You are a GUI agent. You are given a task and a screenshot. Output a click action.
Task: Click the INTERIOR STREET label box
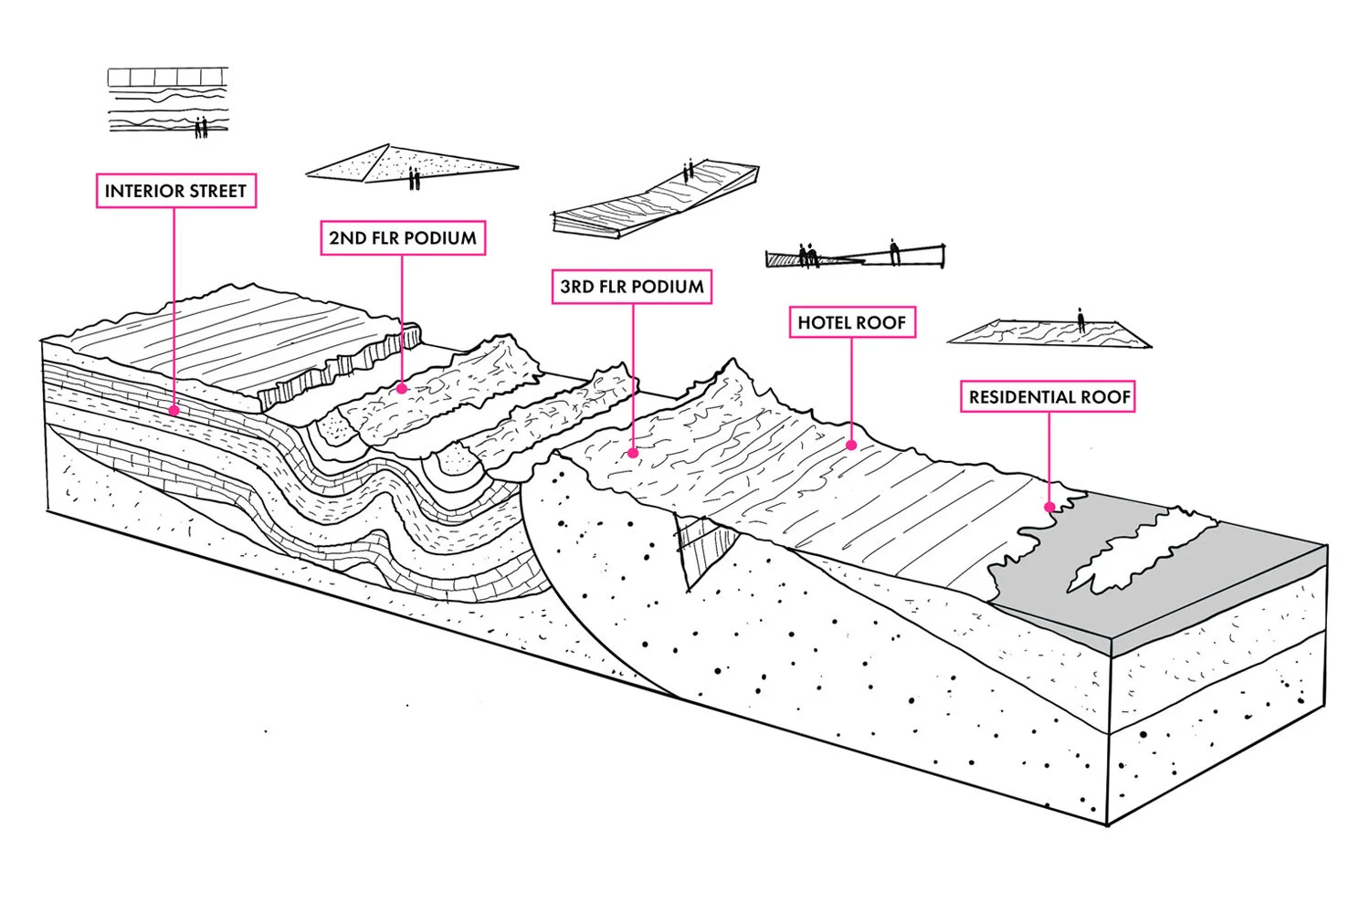(x=175, y=192)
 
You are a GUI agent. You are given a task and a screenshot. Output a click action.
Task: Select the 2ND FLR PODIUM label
(x=403, y=238)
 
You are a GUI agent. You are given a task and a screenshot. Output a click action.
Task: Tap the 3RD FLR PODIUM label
(x=632, y=287)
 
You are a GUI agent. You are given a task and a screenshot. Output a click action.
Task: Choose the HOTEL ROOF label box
(x=851, y=322)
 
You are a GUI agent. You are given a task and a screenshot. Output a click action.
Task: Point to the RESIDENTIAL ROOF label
(x=1049, y=397)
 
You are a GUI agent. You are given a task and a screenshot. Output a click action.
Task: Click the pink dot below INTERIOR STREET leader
(x=174, y=411)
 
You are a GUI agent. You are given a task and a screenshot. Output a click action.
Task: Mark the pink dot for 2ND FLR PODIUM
(x=402, y=389)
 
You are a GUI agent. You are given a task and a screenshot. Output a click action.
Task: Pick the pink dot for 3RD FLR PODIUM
(x=633, y=452)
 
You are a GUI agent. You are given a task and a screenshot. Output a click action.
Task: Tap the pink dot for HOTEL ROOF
(x=851, y=446)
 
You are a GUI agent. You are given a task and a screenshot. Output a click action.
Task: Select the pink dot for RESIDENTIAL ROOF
(x=1049, y=507)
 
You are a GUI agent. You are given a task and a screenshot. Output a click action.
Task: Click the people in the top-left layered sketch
(x=201, y=127)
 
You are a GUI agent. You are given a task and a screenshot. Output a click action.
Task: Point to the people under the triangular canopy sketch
(x=414, y=178)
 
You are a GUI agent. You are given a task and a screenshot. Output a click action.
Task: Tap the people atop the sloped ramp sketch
(x=690, y=170)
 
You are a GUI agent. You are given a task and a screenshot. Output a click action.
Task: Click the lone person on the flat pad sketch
(x=1080, y=320)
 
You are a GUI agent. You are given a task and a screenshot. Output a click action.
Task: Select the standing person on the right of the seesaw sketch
(x=894, y=251)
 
